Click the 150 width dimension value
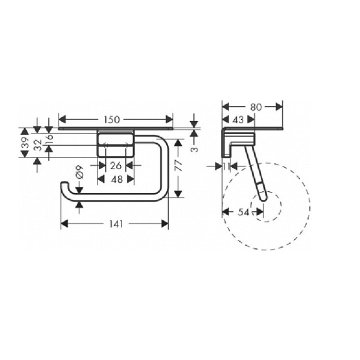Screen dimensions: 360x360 click(111, 119)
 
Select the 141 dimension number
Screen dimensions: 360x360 click(115, 224)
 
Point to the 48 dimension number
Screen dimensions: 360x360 click(115, 179)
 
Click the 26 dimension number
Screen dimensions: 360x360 click(115, 165)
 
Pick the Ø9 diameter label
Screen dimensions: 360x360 click(79, 175)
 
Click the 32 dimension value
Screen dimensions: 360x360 click(37, 145)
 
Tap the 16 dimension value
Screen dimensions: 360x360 click(49, 139)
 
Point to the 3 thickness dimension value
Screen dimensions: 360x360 click(194, 148)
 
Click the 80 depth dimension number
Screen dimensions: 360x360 click(255, 107)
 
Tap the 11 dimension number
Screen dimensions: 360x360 click(226, 165)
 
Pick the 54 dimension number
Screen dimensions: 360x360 click(243, 212)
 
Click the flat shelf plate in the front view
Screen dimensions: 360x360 click(115, 128)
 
